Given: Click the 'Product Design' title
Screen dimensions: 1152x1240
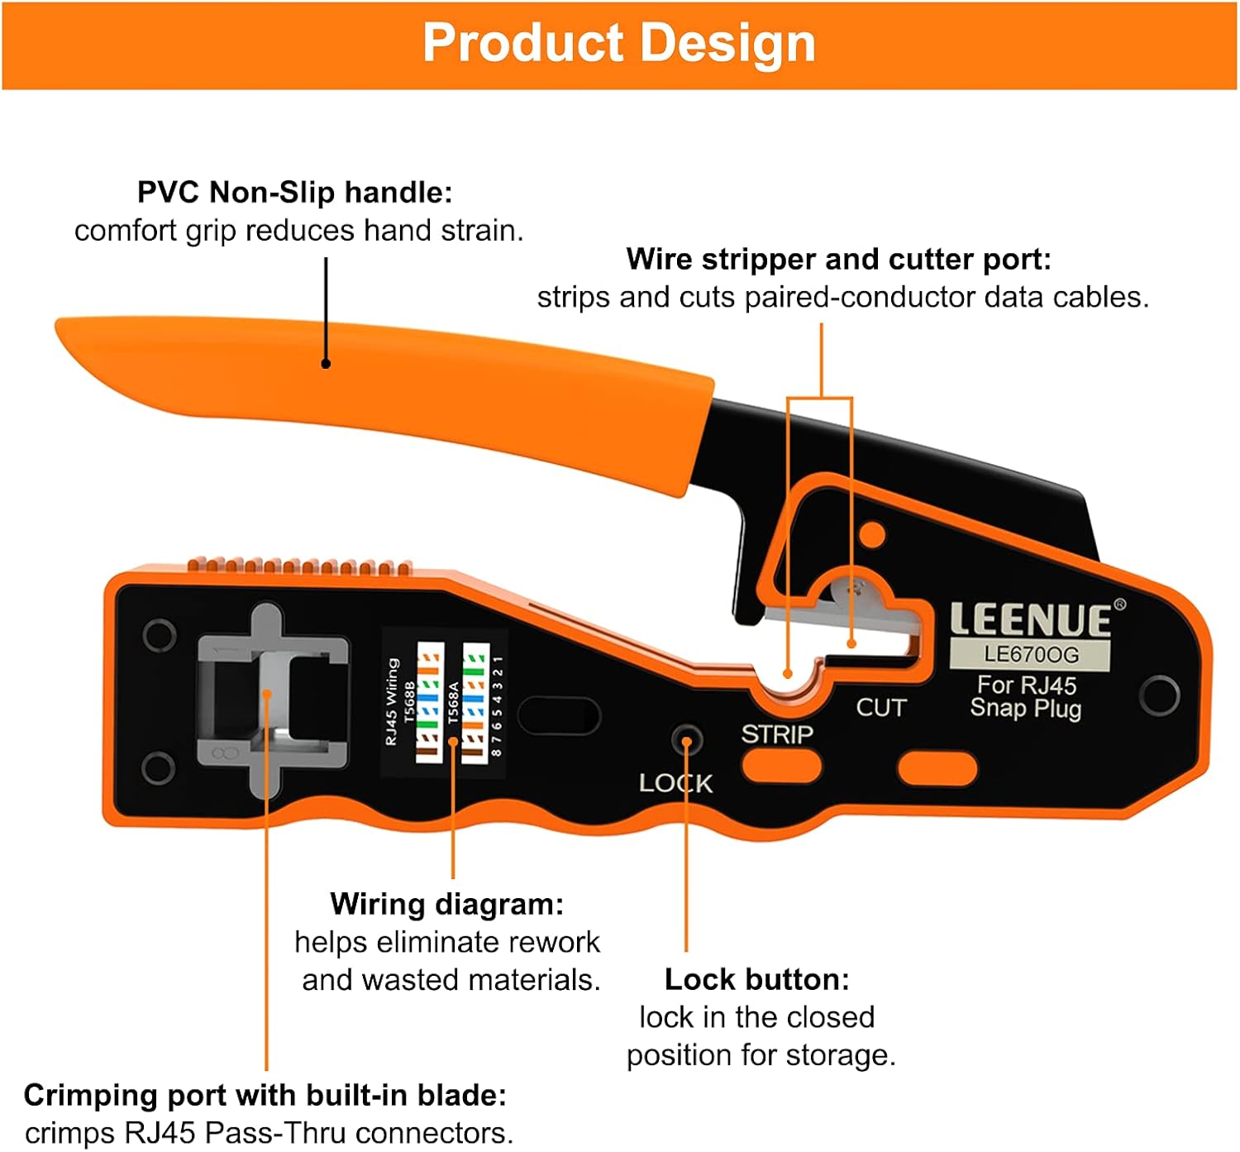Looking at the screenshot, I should coord(619,43).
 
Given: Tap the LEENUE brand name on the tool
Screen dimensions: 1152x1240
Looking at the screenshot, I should coord(1030,620).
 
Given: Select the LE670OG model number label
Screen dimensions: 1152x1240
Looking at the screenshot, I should coord(1031,655).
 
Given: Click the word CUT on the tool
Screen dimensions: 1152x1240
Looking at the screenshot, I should coord(881,708).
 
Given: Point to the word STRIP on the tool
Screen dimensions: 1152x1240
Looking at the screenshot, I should coord(777,734).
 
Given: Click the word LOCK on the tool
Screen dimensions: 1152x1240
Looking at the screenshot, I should coord(675,783).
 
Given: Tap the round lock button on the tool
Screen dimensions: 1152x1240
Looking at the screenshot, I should coord(686,739).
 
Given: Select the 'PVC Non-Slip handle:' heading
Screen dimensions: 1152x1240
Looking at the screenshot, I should coord(294,193).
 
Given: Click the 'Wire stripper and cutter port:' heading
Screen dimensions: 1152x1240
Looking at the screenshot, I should coord(838,260).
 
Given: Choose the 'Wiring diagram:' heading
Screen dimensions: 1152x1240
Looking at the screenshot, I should coord(446,904).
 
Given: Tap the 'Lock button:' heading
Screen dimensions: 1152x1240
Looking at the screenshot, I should coord(756,979).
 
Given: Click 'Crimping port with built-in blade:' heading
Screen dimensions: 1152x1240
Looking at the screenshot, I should coord(265,1095).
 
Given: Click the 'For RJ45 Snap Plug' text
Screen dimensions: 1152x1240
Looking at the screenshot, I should coord(1026,697).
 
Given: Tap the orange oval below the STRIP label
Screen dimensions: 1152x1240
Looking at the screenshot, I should coord(781,767).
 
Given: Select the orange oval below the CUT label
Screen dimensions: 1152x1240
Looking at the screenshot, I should coord(937,768).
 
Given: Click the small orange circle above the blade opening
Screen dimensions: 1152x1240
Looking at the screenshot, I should coord(872,534).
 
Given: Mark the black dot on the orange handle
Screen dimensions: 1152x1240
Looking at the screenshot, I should coord(326,364).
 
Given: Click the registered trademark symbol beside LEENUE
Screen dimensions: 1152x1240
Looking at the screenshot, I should coord(1120,605).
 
